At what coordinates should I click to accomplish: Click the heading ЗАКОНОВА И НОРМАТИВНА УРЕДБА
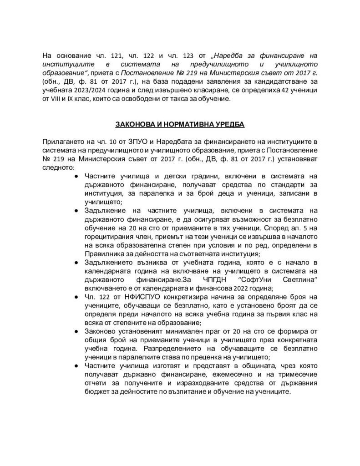click(180, 123)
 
